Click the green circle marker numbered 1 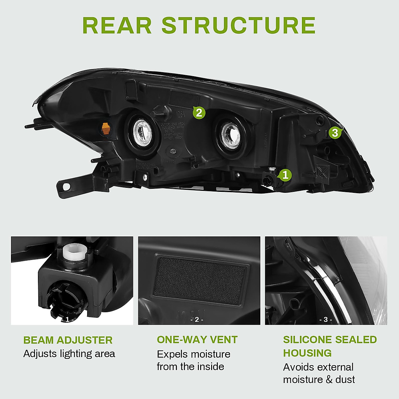(x=285, y=175)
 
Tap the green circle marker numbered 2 (x=199, y=113)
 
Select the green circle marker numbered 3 (x=335, y=133)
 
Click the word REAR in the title (x=117, y=25)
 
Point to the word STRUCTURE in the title (x=238, y=25)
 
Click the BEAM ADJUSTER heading (x=68, y=340)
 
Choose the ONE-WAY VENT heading (x=197, y=339)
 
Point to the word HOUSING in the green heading (x=307, y=353)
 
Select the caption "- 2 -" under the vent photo (x=197, y=320)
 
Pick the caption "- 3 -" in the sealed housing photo (x=326, y=320)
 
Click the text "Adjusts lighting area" (x=69, y=354)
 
